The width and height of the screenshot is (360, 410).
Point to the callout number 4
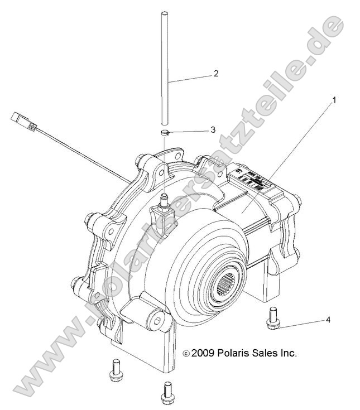pos(329,320)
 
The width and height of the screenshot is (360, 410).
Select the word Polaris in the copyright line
pos(237,353)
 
